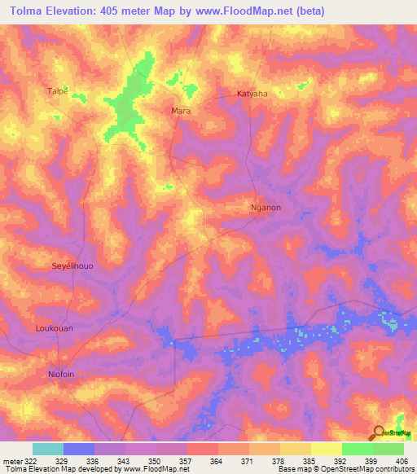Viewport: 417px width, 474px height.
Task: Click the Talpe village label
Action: coord(57,90)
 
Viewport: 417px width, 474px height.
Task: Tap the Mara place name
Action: coord(180,110)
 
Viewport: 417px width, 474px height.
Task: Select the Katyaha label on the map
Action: coord(252,94)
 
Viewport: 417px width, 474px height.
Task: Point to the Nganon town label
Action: coord(266,208)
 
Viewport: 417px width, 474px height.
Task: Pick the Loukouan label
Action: coord(55,328)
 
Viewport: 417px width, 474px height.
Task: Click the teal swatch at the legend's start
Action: coord(48,449)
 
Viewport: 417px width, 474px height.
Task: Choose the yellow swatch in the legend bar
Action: coord(327,449)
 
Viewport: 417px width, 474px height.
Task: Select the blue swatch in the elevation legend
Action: coord(79,449)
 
